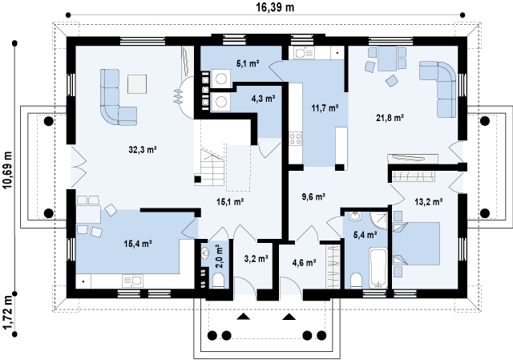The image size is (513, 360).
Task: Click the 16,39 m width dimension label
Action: (x=275, y=7)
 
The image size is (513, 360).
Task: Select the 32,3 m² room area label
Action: (x=143, y=150)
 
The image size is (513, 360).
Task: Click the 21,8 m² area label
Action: (x=390, y=118)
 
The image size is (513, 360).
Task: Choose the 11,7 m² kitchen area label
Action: (x=325, y=108)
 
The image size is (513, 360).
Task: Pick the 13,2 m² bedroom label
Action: (x=429, y=202)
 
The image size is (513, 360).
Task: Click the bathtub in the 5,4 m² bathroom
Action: (x=378, y=268)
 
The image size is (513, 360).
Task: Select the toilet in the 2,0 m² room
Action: (x=219, y=281)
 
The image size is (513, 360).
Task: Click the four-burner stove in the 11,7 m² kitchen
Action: (x=296, y=139)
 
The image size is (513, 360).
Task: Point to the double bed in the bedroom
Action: (x=416, y=244)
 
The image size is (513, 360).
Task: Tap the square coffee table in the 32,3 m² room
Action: (x=137, y=84)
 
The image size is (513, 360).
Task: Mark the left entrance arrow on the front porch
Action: (x=243, y=317)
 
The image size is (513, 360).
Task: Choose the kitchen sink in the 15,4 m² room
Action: (x=133, y=281)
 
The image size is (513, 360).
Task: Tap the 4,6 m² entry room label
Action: (x=304, y=262)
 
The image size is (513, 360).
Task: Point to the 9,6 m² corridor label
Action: (x=313, y=197)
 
